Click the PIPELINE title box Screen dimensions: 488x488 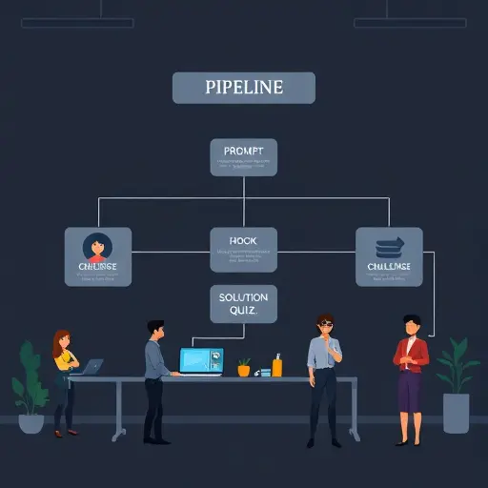[x=243, y=87]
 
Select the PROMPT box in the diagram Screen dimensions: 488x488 [x=243, y=157]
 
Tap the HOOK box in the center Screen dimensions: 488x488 [x=243, y=251]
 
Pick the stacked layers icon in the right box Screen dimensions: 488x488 [x=388, y=246]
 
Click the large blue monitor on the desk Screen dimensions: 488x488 [x=201, y=362]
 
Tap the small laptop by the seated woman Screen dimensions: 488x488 [x=92, y=367]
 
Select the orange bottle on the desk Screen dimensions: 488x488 [x=276, y=365]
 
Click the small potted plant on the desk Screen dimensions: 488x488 [x=244, y=367]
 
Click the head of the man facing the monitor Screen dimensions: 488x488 [x=156, y=330]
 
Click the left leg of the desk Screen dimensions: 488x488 [x=118, y=410]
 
